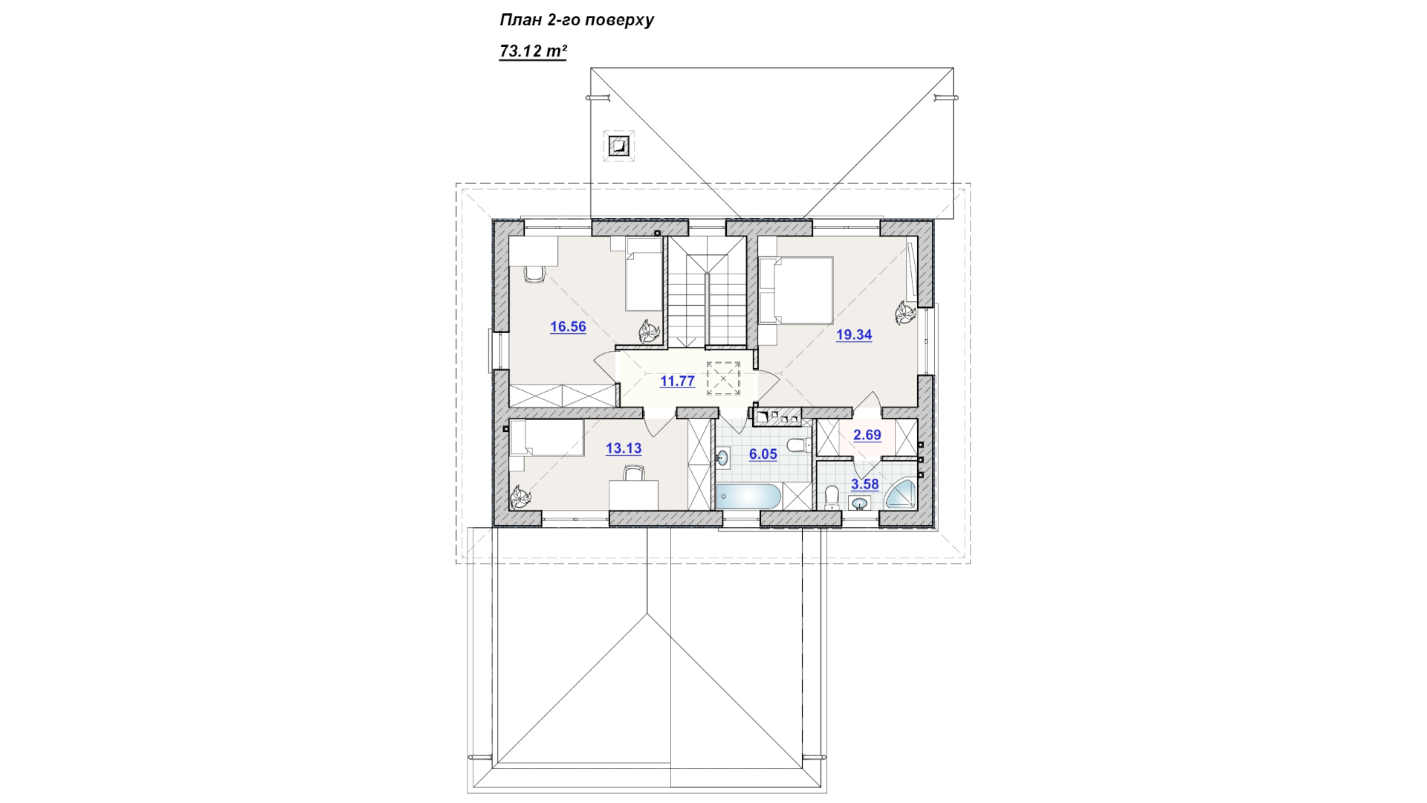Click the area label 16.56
[568, 326]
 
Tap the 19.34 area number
[854, 335]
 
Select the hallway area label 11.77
[677, 381]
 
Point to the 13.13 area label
[624, 448]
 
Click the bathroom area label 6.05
[763, 454]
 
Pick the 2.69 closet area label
[867, 435]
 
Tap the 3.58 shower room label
[865, 484]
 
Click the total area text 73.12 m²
[533, 51]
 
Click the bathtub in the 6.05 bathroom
[748, 496]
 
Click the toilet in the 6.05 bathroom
[799, 445]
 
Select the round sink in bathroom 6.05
[722, 458]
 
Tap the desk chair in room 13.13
[633, 473]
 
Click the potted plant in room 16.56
[649, 332]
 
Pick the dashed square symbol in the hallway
[723, 378]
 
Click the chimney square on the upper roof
[618, 146]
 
